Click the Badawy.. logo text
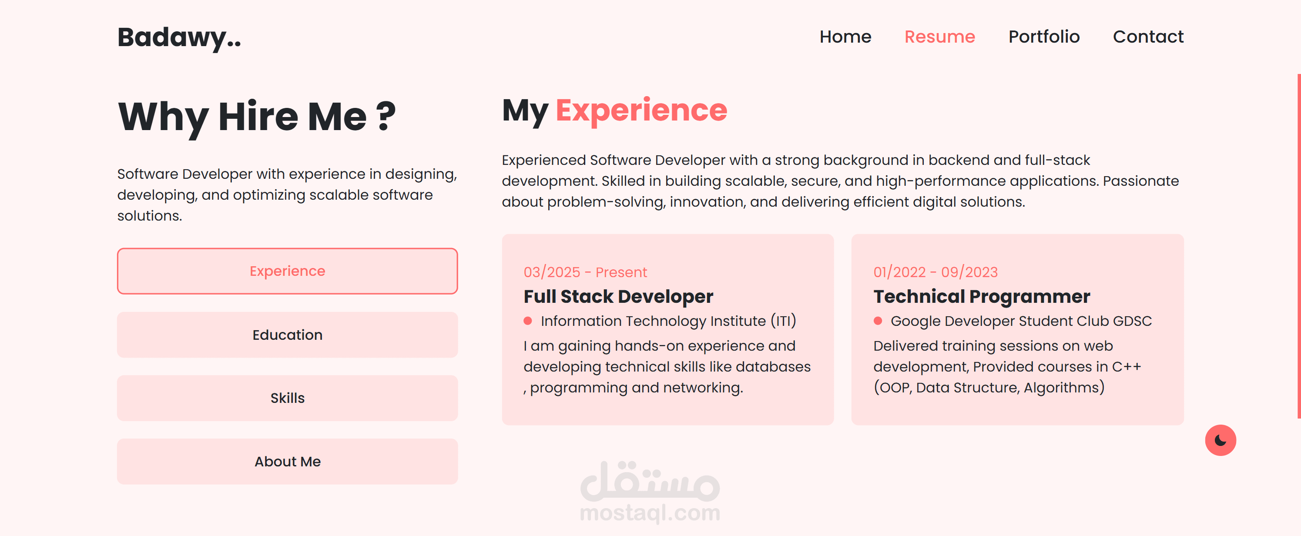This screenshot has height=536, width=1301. (179, 38)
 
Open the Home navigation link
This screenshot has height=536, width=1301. (845, 37)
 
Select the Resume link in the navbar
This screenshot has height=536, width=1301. (939, 37)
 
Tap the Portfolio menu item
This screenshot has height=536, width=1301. (1044, 37)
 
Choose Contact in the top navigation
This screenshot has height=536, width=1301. (1148, 37)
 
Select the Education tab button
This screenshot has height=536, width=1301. (287, 335)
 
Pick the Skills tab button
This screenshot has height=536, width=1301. (287, 398)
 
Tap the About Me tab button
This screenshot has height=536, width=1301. (287, 461)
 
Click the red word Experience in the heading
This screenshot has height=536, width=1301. (641, 111)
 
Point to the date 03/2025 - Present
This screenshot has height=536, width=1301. (585, 272)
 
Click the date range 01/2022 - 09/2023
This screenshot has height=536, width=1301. (936, 272)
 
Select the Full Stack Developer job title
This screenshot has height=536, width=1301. (618, 297)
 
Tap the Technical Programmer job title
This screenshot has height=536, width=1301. (982, 297)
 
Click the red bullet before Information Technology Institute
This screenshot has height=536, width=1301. (528, 321)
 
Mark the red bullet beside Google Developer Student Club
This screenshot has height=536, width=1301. (878, 321)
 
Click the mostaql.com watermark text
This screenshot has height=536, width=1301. (650, 513)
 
